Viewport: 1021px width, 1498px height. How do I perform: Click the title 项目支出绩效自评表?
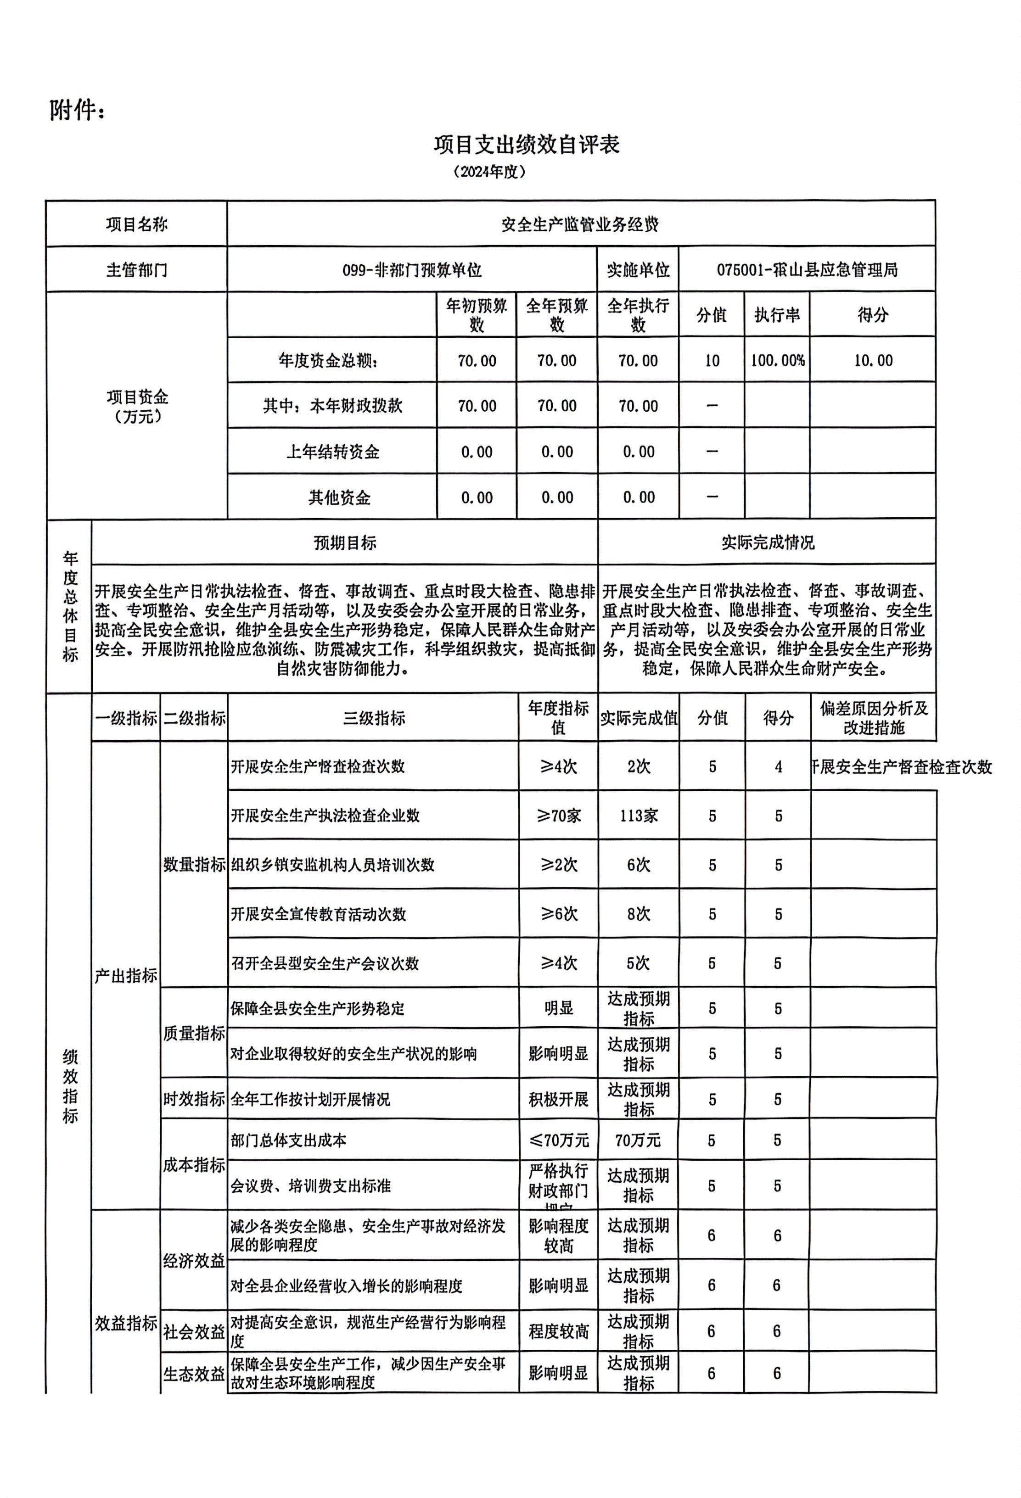(x=526, y=145)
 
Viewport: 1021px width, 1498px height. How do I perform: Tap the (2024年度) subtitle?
(x=489, y=172)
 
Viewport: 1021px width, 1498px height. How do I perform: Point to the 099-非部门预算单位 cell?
(x=412, y=269)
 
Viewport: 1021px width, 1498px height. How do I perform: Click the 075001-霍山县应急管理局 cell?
(x=807, y=269)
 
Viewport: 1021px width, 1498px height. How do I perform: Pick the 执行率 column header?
(x=777, y=314)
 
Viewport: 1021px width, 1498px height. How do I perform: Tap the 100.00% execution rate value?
(x=777, y=360)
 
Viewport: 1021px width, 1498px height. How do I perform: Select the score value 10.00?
(x=873, y=360)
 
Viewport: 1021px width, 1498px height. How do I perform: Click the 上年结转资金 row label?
(x=332, y=451)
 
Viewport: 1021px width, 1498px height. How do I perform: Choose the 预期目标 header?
(x=345, y=543)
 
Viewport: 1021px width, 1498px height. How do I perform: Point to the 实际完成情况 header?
(x=767, y=543)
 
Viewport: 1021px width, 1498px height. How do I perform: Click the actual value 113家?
(x=638, y=816)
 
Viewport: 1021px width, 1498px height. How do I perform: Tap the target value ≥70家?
(x=558, y=816)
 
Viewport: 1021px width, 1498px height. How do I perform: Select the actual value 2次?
(x=638, y=766)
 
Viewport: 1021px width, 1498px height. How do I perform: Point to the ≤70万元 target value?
(x=558, y=1140)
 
